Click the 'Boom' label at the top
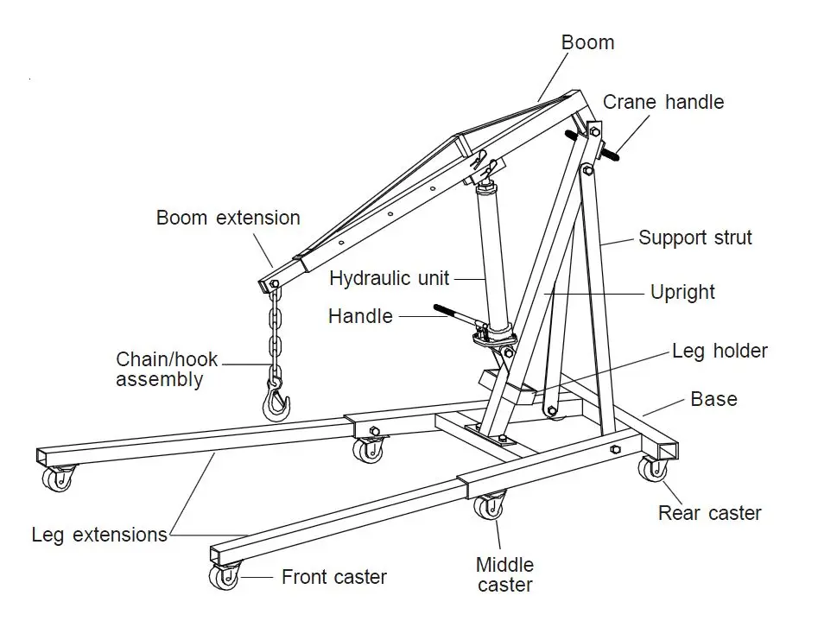point(587,42)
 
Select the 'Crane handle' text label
point(663,102)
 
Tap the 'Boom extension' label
point(228,218)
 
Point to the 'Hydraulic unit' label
point(389,278)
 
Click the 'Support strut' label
point(694,238)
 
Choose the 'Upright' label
point(682,292)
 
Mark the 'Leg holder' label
point(720,351)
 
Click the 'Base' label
point(713,399)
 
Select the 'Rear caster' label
point(709,513)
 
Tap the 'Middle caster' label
point(505,574)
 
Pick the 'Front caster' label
point(333,577)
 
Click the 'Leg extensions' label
point(99,535)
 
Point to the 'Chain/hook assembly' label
point(167,370)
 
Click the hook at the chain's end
point(276,401)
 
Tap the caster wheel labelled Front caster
point(225,576)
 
